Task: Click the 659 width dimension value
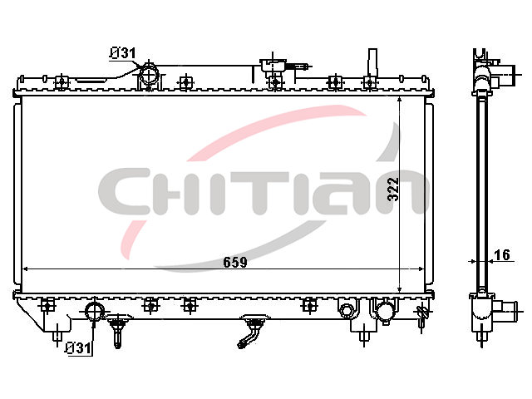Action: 235,262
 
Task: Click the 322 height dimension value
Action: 393,190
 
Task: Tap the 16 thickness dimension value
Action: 502,255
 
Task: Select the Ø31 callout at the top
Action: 122,53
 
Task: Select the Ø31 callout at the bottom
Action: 78,348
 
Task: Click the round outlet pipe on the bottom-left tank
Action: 95,310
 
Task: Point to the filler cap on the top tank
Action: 273,65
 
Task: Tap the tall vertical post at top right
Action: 372,62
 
